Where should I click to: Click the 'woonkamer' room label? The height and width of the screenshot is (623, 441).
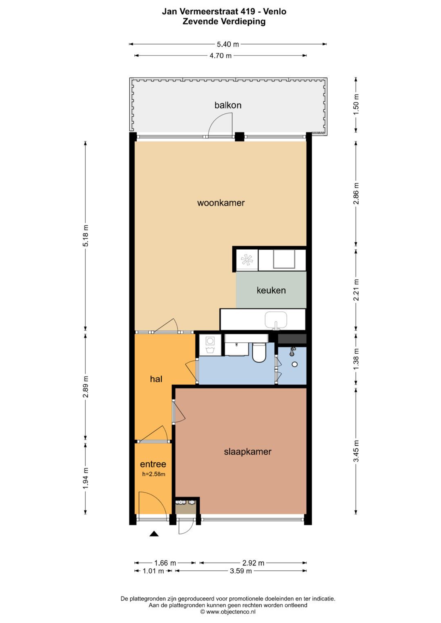click(221, 203)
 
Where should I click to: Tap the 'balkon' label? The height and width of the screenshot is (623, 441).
click(228, 105)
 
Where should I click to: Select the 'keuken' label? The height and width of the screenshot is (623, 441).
click(271, 290)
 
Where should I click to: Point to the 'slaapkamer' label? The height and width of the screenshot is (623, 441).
click(247, 451)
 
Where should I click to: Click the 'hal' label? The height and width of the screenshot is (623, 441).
click(156, 379)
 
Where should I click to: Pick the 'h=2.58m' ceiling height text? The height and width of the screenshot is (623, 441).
click(154, 474)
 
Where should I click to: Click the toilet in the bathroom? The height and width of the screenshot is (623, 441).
click(259, 353)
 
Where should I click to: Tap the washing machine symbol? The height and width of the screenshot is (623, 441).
click(210, 345)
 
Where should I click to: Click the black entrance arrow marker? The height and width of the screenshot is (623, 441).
click(154, 533)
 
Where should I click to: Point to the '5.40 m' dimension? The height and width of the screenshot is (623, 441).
click(228, 44)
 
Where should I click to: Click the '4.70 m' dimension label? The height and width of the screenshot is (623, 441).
click(220, 55)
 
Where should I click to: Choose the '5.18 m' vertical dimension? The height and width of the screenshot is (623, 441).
click(85, 235)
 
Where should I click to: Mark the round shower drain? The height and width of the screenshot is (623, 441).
click(294, 364)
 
